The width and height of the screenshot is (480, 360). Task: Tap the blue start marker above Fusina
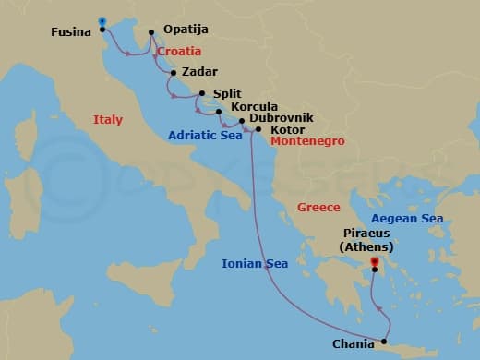coord(102,21)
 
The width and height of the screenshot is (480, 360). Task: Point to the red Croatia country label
coord(179,52)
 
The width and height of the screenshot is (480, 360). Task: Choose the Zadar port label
coord(200,71)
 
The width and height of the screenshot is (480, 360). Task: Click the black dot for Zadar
coord(174,72)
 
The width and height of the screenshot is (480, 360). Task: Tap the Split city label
coord(227,93)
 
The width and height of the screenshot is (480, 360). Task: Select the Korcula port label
coord(254,107)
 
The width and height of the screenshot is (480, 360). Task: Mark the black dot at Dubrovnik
coord(242,121)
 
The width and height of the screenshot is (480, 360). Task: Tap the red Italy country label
coord(108,119)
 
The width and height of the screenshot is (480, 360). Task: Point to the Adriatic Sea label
coord(205,136)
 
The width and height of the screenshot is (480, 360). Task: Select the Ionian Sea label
coord(255,264)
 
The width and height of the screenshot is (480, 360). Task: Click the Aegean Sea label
coord(407,219)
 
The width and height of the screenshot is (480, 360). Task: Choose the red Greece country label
coord(318,208)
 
